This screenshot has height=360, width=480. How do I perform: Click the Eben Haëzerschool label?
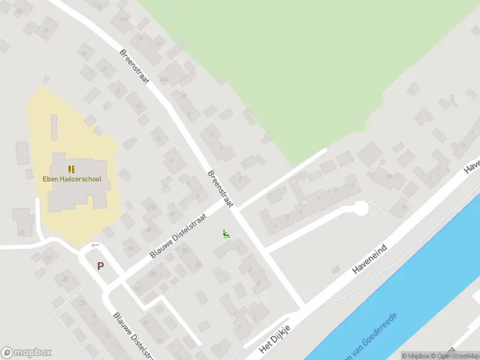tap(71, 179)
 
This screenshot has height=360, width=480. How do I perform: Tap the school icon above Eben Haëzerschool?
tap(71, 169)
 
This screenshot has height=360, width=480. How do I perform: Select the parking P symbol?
tap(100, 266)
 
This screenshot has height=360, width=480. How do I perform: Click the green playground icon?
tap(226, 234)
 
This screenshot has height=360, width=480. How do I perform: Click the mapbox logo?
tap(26, 353)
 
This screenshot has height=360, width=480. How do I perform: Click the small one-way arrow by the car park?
tap(94, 245)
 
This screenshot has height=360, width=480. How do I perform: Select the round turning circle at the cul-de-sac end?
tap(360, 208)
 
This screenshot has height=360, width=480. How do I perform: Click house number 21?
tap(46, 30)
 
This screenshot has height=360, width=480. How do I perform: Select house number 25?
tap(64, 278)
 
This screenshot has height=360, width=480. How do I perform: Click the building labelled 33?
tap(131, 247)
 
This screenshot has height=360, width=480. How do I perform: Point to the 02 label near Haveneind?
tap(335, 270)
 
